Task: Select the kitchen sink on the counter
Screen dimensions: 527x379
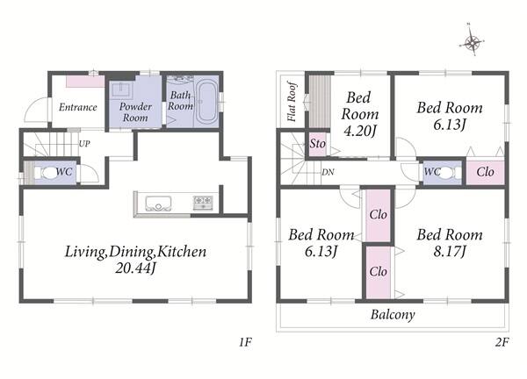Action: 158,204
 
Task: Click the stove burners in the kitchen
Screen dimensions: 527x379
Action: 203,203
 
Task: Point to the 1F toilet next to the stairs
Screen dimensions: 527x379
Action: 49,173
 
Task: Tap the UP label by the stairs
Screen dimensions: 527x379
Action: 84,144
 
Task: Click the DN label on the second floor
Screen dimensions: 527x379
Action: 328,172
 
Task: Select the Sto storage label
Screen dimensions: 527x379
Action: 317,144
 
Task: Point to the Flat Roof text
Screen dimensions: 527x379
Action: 292,101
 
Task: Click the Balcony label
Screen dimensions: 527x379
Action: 393,315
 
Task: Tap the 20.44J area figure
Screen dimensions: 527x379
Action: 135,268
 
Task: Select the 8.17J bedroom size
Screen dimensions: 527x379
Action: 450,251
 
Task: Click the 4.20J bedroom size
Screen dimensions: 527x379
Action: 359,131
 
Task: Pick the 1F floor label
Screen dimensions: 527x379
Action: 245,342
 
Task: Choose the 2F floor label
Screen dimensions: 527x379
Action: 502,342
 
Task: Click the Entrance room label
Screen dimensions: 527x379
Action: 78,107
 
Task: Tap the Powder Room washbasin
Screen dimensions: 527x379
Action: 122,90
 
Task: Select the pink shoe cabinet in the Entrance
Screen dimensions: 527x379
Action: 85,82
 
